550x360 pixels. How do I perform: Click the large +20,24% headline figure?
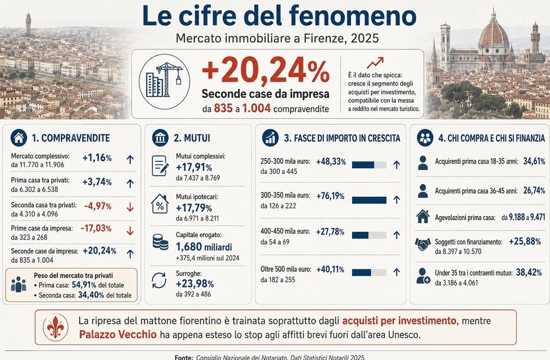(266, 71)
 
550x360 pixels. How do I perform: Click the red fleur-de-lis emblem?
(56, 327)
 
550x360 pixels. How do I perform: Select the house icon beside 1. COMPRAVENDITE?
(19, 138)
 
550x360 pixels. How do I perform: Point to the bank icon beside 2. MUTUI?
(160, 138)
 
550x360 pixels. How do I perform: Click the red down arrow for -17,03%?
(130, 231)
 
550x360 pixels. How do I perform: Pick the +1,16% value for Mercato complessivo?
(97, 158)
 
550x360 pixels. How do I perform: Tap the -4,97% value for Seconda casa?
(98, 206)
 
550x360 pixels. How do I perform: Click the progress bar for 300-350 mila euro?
(369, 200)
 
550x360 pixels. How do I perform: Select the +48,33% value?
(331, 162)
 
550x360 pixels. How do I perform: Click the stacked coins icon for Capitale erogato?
(160, 242)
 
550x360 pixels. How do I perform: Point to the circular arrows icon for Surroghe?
(159, 281)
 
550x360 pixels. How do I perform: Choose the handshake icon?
(423, 244)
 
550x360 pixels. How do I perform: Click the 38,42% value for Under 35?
(529, 273)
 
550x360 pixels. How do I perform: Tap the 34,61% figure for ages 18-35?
(534, 161)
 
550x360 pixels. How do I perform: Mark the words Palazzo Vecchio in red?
(118, 334)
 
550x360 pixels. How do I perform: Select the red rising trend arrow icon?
(375, 63)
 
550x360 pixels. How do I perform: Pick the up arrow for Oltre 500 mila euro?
(396, 272)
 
